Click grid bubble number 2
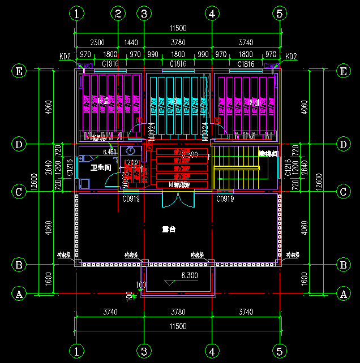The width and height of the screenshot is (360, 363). pos(118,12)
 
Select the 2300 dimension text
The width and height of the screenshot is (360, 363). pos(97,42)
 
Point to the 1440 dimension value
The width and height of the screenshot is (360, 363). pos(131,42)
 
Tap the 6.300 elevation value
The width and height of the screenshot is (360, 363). pos(189,276)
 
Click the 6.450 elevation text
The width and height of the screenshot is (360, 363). pos(110,152)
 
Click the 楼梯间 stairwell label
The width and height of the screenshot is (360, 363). pos(268,153)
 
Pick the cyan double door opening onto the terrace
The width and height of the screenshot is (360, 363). pos(178,200)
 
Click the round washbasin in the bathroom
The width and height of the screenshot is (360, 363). pos(131,151)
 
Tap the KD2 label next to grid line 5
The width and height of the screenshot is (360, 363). pos(290,57)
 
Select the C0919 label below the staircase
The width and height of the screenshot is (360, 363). pos(226,199)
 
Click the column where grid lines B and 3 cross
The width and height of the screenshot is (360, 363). pos(144,263)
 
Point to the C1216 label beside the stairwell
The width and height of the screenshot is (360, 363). pos(288,168)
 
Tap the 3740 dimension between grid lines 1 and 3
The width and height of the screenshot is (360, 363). pos(110,312)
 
